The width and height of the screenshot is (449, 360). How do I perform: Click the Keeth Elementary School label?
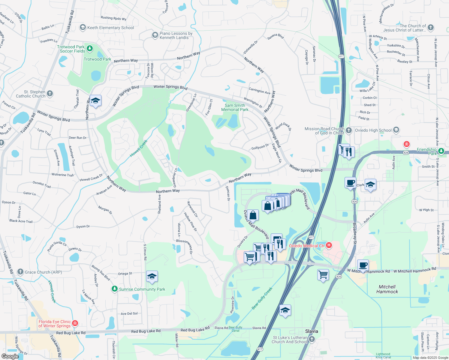click(110, 28)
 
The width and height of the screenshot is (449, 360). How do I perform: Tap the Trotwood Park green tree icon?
click(89, 49)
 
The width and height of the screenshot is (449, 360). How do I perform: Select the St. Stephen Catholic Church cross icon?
click(50, 94)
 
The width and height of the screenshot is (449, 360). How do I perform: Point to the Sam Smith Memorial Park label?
click(235, 107)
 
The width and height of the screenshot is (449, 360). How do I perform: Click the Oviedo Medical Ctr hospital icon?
click(329, 245)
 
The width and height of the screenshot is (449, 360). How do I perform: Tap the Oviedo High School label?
click(373, 130)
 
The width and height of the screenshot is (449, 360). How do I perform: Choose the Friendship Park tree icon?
click(441, 151)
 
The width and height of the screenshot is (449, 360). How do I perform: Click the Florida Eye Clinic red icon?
click(75, 323)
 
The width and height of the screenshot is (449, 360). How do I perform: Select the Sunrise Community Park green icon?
click(114, 289)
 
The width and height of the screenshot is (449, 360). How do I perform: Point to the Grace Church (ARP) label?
click(43, 272)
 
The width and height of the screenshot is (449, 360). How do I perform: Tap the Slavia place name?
click(312, 331)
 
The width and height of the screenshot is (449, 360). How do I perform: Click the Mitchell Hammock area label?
click(387, 289)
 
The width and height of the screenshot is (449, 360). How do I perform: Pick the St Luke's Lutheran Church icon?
click(312, 339)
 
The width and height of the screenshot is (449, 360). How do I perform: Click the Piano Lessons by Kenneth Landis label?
click(176, 35)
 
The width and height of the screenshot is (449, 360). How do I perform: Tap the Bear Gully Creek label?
click(262, 298)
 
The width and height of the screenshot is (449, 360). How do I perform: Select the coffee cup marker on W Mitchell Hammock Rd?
click(363, 265)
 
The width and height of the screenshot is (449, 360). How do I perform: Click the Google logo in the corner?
click(10, 356)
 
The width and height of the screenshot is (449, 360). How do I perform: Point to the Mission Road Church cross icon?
click(348, 130)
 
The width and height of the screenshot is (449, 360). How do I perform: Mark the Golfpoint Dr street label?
click(260, 147)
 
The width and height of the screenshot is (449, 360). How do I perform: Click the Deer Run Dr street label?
click(77, 138)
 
